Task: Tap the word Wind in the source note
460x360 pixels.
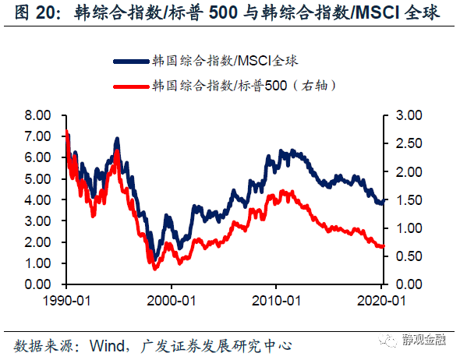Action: [x=105, y=344]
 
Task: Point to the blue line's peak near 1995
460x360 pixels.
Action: [x=117, y=139]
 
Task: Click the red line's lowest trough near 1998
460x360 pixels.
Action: [x=155, y=269]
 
